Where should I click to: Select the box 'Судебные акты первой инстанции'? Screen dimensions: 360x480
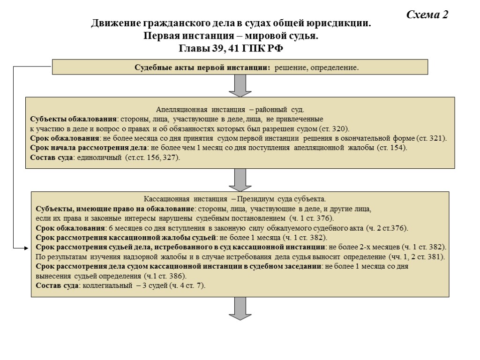(x=240, y=67)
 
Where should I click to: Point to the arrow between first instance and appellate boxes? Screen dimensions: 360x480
(x=240, y=85)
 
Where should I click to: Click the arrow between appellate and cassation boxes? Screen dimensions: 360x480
(x=240, y=180)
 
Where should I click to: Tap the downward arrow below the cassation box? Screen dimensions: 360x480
(x=240, y=309)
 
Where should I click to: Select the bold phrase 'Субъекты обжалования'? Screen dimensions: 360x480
(x=73, y=120)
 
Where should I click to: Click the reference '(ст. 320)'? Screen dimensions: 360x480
(x=334, y=129)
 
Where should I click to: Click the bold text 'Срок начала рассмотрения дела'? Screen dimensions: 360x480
(x=89, y=148)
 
